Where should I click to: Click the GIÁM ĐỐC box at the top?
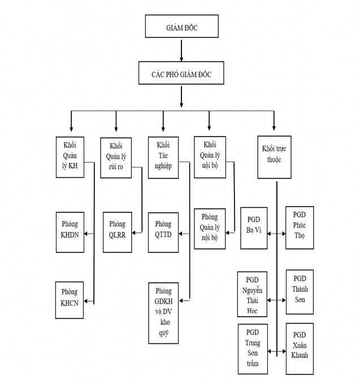tap(181, 27)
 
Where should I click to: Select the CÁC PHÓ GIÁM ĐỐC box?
tap(181, 73)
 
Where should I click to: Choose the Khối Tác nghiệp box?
tap(163, 156)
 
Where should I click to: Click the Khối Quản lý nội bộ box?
tap(210, 157)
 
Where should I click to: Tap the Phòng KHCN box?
tap(70, 299)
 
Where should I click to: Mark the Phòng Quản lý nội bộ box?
tap(210, 229)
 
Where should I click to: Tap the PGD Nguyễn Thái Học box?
tap(251, 295)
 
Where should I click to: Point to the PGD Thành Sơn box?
tap(300, 292)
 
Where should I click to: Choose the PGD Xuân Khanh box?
tap(300, 349)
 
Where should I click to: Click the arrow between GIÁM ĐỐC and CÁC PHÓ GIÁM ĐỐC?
tap(181, 50)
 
